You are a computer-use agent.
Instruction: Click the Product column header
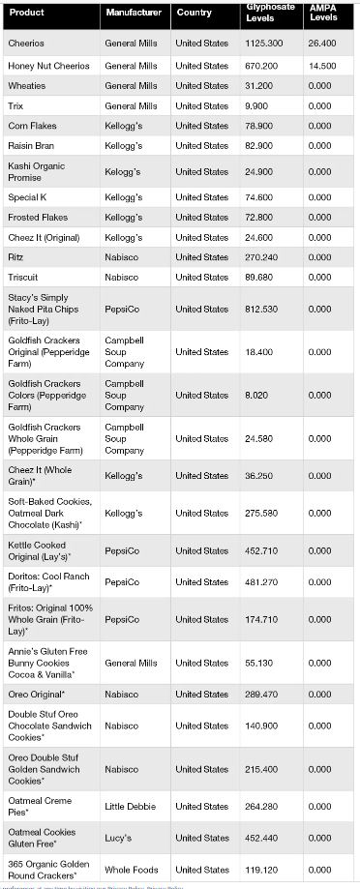click(x=26, y=13)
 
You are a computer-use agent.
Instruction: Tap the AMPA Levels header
click(x=323, y=13)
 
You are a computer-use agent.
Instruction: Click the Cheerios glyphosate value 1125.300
click(x=264, y=44)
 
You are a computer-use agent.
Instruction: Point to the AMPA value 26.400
click(x=321, y=44)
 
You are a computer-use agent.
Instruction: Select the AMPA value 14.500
click(x=321, y=66)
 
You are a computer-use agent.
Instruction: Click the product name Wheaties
click(x=25, y=86)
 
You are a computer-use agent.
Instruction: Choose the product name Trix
click(x=15, y=106)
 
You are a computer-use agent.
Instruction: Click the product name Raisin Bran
click(x=31, y=146)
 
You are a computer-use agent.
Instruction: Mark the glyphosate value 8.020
click(x=256, y=396)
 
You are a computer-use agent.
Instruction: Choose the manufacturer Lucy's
click(x=118, y=838)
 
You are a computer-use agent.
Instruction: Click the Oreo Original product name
click(x=37, y=695)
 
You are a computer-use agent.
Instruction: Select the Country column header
click(x=194, y=13)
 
